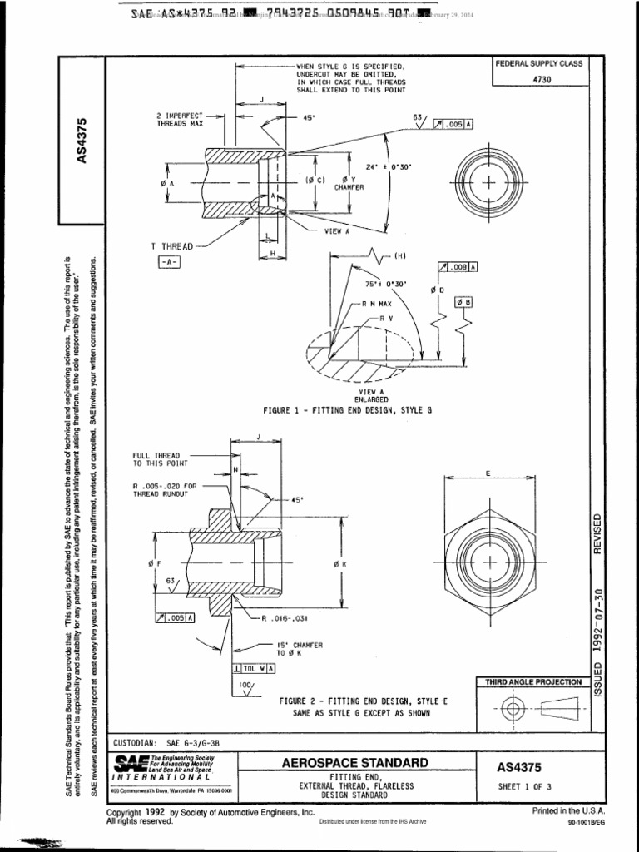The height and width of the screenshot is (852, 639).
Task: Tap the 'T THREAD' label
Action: click(x=171, y=246)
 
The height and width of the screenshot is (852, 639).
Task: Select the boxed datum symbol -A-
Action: click(x=169, y=262)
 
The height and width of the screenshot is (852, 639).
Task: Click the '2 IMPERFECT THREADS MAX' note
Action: click(x=180, y=118)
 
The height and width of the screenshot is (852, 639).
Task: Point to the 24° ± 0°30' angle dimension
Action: click(x=389, y=166)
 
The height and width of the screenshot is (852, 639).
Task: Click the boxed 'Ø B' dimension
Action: click(x=463, y=301)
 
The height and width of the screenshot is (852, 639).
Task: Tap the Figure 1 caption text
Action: click(x=348, y=410)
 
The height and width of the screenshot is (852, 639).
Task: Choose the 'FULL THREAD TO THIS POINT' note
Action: click(x=161, y=459)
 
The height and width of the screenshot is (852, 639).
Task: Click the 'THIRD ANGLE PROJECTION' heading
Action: click(x=533, y=682)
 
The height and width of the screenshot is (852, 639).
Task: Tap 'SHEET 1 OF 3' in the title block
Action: click(x=525, y=786)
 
